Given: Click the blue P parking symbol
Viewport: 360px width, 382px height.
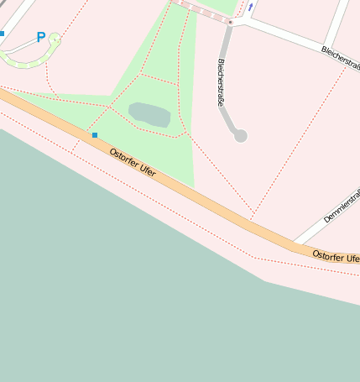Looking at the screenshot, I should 40,38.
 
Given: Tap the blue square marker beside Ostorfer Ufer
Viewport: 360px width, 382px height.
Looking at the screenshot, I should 95,134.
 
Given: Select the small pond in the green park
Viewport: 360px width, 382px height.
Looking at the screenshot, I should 149,115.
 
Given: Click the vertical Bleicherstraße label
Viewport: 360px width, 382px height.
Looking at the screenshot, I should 222,81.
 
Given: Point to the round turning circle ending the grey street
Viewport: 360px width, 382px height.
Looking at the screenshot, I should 241,135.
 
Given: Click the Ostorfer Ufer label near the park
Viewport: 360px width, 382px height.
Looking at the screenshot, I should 133,161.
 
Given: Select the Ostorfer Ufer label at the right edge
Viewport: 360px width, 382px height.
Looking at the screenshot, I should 335,255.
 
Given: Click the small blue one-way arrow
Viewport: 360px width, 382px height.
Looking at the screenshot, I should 250,7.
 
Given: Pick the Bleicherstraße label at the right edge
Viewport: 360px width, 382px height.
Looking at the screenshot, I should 341,58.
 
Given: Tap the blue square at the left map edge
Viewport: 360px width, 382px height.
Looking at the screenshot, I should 2,34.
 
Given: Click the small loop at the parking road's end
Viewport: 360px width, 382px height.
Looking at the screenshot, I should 55,39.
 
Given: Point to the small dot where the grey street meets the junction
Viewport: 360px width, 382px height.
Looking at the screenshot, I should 230,22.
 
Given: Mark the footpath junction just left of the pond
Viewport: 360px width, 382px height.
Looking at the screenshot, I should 109,107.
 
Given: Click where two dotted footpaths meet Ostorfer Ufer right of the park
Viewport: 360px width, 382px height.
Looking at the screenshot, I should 251,212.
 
